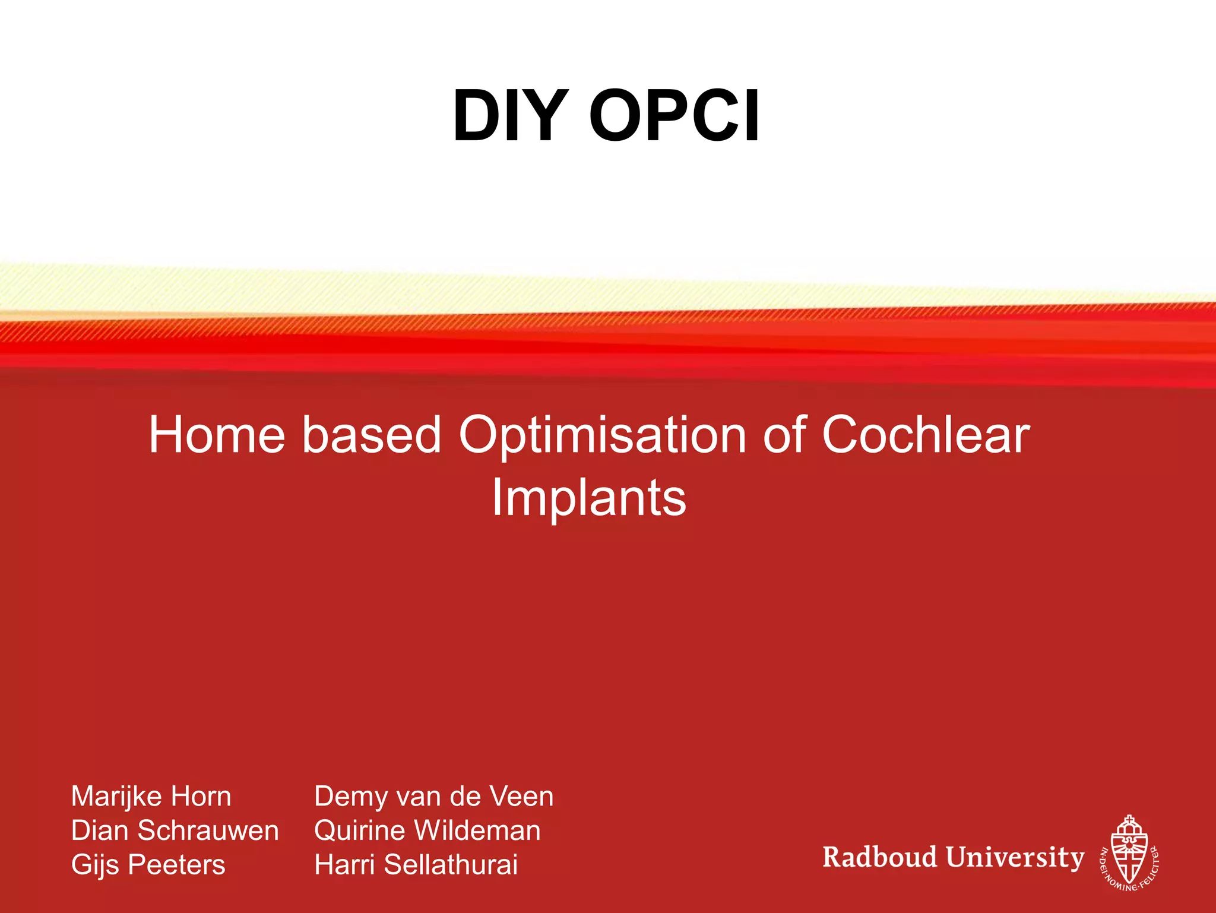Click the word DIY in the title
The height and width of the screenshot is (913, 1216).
[x=508, y=116]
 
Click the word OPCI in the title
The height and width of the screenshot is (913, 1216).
[x=674, y=116]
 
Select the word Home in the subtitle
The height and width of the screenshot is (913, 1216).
[x=217, y=435]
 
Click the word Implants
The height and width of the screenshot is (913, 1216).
[x=589, y=498]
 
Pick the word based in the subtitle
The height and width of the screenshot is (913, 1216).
[x=372, y=435]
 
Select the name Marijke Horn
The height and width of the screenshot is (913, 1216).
[x=151, y=797]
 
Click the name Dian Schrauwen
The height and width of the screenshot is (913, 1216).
[x=175, y=830]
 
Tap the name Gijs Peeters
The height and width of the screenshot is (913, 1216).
[x=148, y=865]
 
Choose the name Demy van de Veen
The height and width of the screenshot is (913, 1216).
[x=433, y=797]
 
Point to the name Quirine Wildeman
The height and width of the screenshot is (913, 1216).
[x=427, y=830]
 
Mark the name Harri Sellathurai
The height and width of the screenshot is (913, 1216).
[x=416, y=865]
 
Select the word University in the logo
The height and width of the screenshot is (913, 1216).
[x=1015, y=858]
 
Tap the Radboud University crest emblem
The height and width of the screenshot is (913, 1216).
[x=1129, y=852]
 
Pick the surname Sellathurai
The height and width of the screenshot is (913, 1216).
[x=451, y=865]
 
